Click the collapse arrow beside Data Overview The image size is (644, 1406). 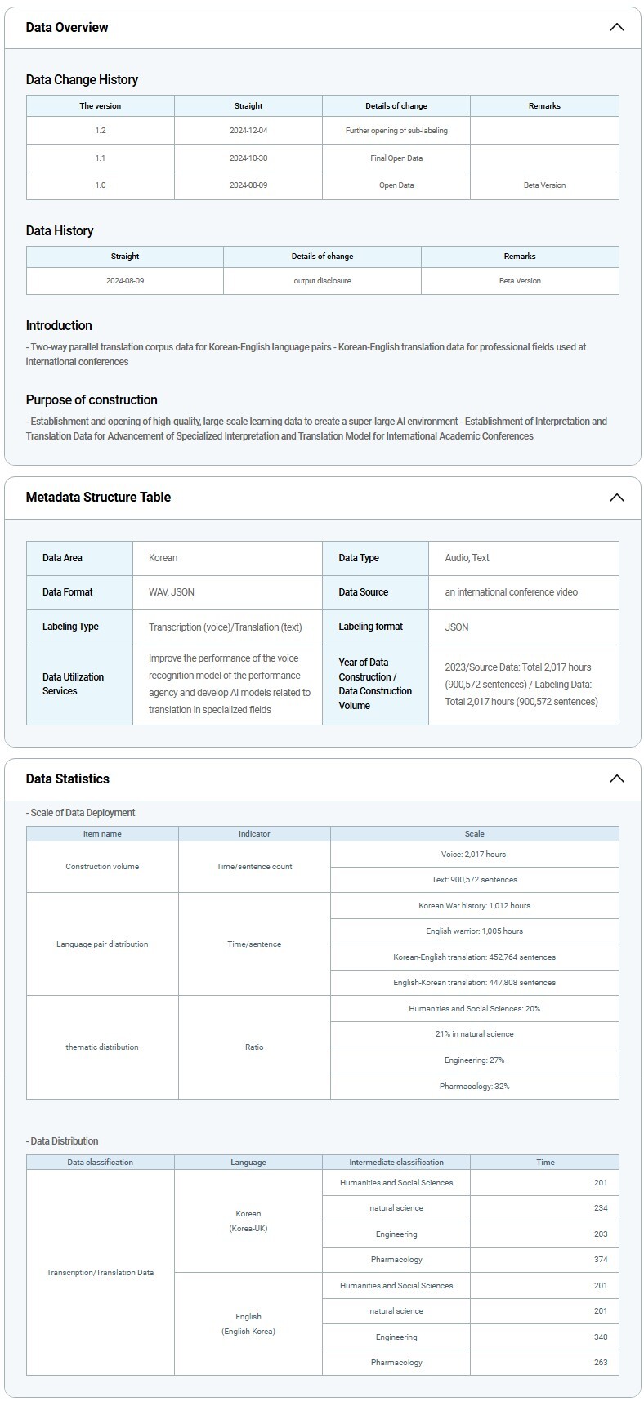[x=616, y=27]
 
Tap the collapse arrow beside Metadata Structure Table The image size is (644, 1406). [x=616, y=498]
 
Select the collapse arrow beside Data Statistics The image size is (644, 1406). [x=616, y=779]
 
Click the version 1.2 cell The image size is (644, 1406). [x=100, y=131]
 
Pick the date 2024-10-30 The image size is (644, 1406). [x=248, y=158]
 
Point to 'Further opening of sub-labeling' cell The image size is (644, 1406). [x=396, y=131]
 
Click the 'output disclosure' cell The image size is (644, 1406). [x=322, y=281]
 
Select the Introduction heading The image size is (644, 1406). [x=59, y=325]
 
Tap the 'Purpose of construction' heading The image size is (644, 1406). [x=92, y=399]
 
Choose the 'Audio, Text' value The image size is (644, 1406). [x=467, y=558]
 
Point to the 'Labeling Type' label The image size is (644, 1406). [x=70, y=627]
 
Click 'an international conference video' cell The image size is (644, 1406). [x=511, y=592]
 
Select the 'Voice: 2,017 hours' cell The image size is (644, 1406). [x=474, y=855]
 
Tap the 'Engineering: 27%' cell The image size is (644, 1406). [x=474, y=1060]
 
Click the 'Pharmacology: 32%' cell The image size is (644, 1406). [x=474, y=1087]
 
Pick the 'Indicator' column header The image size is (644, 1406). [x=254, y=834]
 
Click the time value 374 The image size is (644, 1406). [x=601, y=1260]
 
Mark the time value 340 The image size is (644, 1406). [x=601, y=1337]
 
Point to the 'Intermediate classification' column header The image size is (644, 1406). [x=396, y=1163]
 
